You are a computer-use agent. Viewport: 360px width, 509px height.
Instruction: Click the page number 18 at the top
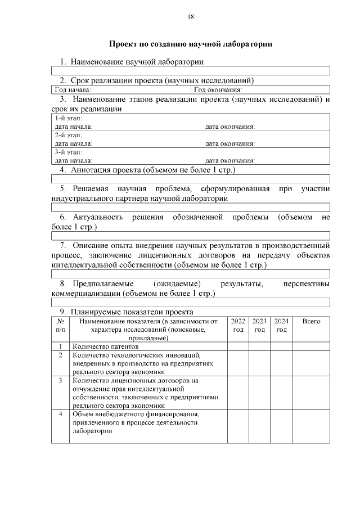[x=191, y=17]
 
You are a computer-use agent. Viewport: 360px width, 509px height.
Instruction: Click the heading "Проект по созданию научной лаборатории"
[x=190, y=44]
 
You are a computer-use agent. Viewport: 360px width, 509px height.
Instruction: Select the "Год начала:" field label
[x=72, y=89]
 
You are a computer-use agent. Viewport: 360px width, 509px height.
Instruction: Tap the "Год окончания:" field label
[x=218, y=89]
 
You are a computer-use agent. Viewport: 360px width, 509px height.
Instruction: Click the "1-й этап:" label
[x=68, y=119]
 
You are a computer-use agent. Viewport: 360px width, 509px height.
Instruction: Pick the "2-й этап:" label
[x=68, y=136]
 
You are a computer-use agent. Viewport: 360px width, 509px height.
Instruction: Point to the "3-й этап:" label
[x=68, y=152]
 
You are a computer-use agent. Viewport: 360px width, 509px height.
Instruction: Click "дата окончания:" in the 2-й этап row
[x=230, y=144]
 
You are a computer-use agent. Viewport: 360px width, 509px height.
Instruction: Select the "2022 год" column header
[x=238, y=325]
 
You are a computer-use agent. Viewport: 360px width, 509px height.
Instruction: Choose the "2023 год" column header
[x=259, y=325]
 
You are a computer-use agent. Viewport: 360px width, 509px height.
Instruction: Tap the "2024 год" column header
[x=281, y=325]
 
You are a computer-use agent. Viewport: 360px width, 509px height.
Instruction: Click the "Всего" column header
[x=311, y=321]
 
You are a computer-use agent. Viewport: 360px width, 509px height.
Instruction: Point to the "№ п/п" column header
[x=60, y=325]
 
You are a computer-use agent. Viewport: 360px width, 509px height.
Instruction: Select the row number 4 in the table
[x=60, y=414]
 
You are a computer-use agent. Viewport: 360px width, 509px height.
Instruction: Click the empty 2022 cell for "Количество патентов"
[x=238, y=347]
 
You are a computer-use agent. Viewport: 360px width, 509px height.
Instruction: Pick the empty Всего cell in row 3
[x=311, y=392]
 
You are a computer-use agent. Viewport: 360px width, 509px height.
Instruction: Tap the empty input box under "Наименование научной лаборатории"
[x=190, y=71]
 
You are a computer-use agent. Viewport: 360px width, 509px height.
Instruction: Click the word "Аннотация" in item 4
[x=90, y=169]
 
